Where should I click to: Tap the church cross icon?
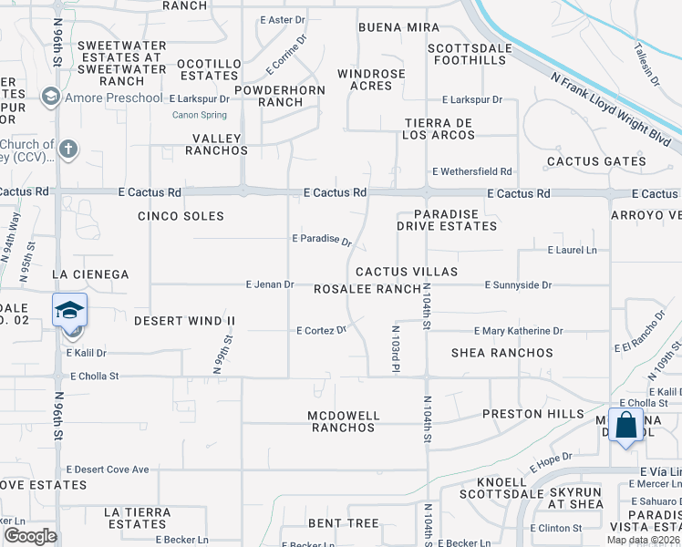click(x=68, y=148)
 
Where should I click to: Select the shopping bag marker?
click(x=626, y=426)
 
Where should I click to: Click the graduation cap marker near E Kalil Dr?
click(x=69, y=311)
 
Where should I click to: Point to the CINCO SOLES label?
click(x=181, y=216)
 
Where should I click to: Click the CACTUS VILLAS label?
click(x=406, y=272)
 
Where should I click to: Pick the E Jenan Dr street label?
click(x=270, y=284)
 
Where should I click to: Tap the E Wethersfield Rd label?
click(x=472, y=171)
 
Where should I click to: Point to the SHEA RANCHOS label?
click(x=502, y=353)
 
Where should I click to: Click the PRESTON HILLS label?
click(x=532, y=414)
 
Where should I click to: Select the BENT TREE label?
click(x=343, y=523)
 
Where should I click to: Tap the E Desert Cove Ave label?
click(x=108, y=470)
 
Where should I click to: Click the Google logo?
click(x=30, y=536)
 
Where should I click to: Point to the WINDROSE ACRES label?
click(x=370, y=79)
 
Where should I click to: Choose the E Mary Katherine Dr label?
click(x=518, y=331)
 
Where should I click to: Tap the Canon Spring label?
click(x=201, y=115)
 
